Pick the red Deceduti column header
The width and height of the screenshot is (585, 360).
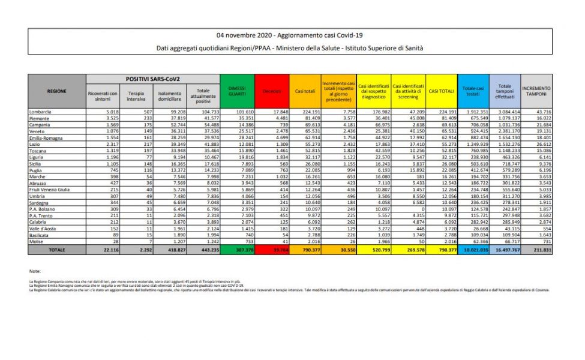click(x=271, y=91)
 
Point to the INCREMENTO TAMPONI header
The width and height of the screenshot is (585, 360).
click(x=537, y=91)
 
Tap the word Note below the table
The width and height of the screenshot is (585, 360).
click(x=34, y=271)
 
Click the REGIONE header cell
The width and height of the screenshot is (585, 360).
click(x=56, y=91)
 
